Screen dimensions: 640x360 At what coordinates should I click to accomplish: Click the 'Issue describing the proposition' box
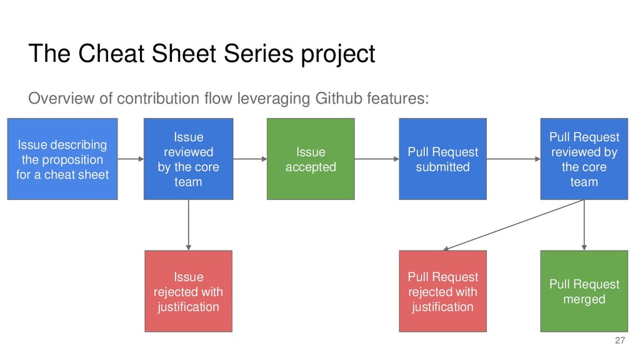(x=62, y=159)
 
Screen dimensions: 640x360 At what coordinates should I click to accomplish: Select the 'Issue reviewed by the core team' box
(x=188, y=159)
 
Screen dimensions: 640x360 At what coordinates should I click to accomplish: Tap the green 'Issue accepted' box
(x=311, y=159)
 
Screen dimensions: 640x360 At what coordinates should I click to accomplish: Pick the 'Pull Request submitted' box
(x=443, y=159)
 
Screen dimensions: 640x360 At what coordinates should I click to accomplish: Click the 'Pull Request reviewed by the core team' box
(x=584, y=159)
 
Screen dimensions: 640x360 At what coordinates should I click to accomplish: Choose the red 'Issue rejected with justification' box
(x=188, y=291)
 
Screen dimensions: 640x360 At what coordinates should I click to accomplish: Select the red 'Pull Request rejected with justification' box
(x=443, y=291)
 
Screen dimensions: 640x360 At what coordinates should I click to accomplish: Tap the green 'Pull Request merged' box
(x=584, y=291)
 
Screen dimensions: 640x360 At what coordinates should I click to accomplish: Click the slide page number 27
(x=620, y=341)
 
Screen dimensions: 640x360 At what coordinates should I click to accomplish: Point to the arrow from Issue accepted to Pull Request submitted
(x=377, y=159)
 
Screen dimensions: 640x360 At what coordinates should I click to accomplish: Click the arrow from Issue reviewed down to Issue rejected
(x=188, y=225)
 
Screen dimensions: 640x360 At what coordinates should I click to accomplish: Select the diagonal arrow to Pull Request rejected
(x=514, y=225)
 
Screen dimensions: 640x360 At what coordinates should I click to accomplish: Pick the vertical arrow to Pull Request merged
(x=584, y=225)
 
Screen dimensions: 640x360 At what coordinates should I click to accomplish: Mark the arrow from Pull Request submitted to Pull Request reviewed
(x=514, y=159)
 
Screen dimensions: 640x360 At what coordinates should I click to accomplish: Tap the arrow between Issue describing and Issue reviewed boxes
(x=131, y=159)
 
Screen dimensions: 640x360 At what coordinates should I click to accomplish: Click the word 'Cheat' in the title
(x=111, y=54)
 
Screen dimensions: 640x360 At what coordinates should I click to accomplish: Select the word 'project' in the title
(x=338, y=54)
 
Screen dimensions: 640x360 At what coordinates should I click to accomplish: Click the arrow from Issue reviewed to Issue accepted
(x=250, y=159)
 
